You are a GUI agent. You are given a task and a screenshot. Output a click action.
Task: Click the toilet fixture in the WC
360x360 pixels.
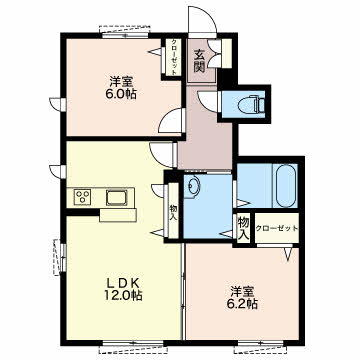(x=252, y=104)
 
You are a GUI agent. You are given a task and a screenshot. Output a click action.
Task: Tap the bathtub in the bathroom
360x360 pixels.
(x=285, y=186)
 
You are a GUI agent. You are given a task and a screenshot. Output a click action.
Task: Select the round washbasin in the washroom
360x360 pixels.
(x=192, y=187)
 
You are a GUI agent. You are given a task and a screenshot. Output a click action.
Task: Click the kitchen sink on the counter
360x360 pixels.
(x=117, y=198)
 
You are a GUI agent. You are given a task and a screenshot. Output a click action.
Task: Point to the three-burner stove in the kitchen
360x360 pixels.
(x=82, y=197)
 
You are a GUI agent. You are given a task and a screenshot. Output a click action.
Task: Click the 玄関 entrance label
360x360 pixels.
(x=199, y=61)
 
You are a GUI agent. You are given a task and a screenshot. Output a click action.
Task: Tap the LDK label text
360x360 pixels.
(x=122, y=283)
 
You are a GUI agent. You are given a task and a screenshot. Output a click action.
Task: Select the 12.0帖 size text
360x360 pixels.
(x=122, y=295)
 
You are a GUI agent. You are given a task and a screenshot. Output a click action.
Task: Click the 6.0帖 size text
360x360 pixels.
(x=121, y=94)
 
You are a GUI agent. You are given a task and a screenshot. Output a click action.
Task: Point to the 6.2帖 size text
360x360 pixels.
(x=243, y=304)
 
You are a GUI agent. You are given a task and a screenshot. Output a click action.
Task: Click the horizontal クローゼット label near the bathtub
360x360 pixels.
(x=277, y=228)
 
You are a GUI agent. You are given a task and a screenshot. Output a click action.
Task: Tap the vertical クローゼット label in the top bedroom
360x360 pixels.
(x=174, y=57)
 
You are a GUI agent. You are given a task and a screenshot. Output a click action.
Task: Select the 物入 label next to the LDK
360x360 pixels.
(x=173, y=213)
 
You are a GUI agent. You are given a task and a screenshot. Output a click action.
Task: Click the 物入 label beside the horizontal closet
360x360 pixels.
(x=244, y=228)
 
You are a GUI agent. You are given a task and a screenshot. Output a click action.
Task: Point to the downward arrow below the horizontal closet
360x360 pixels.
(x=289, y=254)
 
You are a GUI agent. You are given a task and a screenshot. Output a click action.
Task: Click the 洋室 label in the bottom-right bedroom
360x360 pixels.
(x=243, y=292)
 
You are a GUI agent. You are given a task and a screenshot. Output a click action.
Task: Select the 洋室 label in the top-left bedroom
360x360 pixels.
(x=121, y=82)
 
